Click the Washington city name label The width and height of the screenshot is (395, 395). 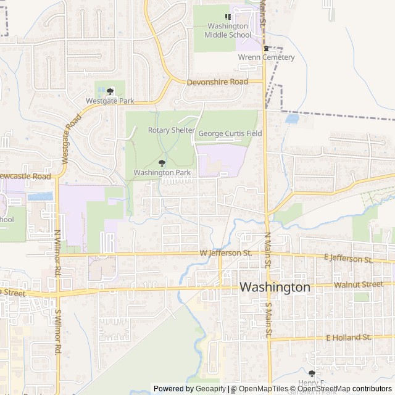275,288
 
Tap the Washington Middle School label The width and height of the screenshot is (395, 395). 228,30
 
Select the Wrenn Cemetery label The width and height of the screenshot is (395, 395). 267,57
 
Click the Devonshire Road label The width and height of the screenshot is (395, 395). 217,81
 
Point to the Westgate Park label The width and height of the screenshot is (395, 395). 110,100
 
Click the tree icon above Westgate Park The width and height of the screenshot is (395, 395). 110,91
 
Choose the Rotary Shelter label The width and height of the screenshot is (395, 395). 172,131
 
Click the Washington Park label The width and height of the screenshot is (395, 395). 162,173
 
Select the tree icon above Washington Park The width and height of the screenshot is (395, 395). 162,164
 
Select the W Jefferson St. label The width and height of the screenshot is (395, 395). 227,253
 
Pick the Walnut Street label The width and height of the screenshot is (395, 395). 358,285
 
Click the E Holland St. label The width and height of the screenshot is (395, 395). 348,338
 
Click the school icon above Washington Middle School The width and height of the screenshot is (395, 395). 228,17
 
